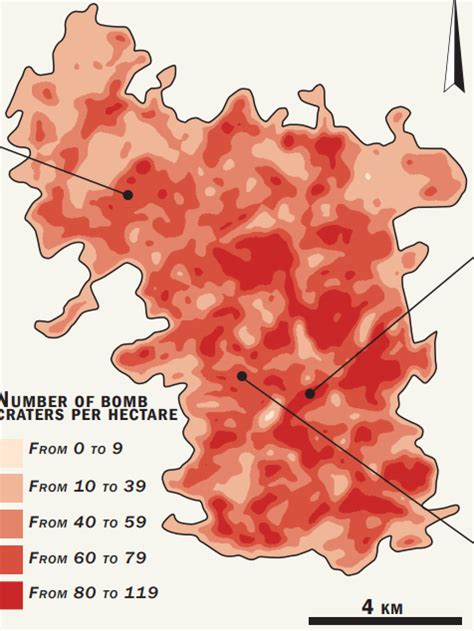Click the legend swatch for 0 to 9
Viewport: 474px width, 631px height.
(x=11, y=449)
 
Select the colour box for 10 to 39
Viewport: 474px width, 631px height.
(x=11, y=486)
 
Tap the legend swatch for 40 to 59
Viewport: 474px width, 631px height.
(x=11, y=522)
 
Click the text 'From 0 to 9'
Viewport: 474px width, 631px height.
(x=76, y=449)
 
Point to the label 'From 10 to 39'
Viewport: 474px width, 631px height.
(x=87, y=486)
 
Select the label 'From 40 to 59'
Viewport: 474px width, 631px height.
(x=87, y=522)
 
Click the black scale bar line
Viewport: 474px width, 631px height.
(x=391, y=621)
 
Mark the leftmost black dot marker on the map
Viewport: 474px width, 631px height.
(x=128, y=194)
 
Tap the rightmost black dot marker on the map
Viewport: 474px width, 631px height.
(x=310, y=393)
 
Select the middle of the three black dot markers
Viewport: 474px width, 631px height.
(x=241, y=376)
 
